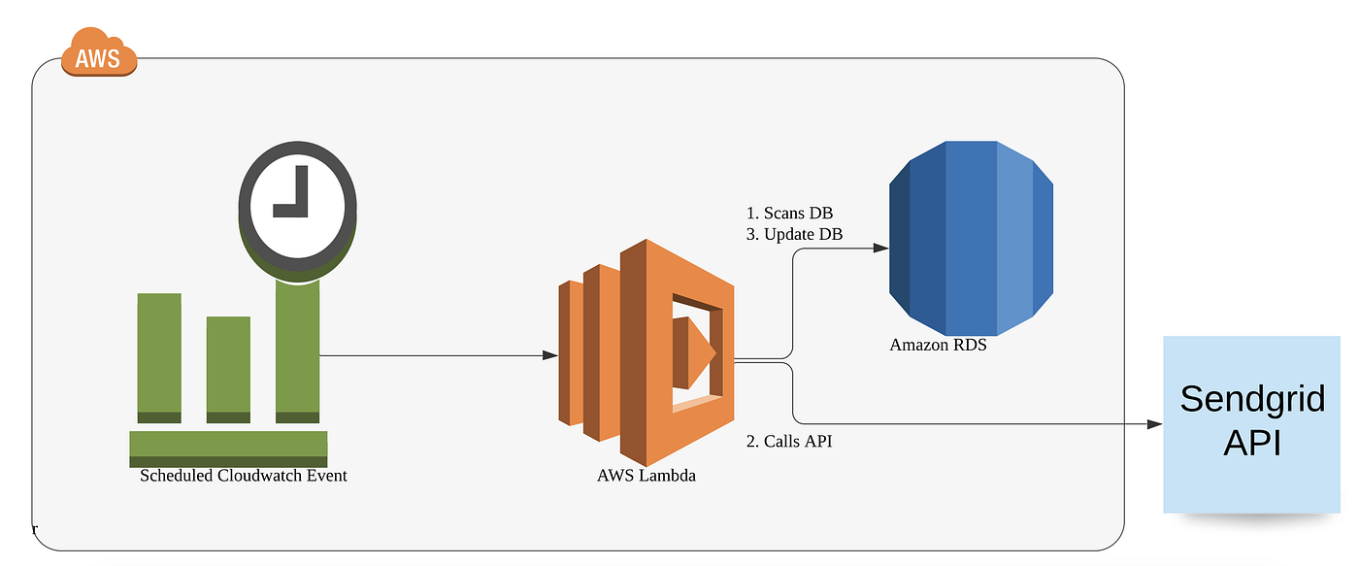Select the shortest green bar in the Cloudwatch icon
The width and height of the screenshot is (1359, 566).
(228, 369)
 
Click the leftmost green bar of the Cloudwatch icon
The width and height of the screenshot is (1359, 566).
(159, 357)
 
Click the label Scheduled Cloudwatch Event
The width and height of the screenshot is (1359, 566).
(244, 476)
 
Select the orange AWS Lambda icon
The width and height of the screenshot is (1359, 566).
(645, 352)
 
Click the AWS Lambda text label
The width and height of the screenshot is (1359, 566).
(646, 476)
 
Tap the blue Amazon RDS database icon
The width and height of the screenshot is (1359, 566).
(972, 230)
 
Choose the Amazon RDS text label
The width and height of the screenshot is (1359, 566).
(938, 345)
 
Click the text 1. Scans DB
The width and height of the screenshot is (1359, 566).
(789, 213)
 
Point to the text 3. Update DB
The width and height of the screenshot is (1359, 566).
(794, 234)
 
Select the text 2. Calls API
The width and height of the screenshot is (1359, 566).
(788, 442)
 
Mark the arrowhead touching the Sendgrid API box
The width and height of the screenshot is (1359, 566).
(1154, 424)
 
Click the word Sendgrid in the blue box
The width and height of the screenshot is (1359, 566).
(1252, 398)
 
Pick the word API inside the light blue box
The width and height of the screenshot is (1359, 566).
(1252, 443)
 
